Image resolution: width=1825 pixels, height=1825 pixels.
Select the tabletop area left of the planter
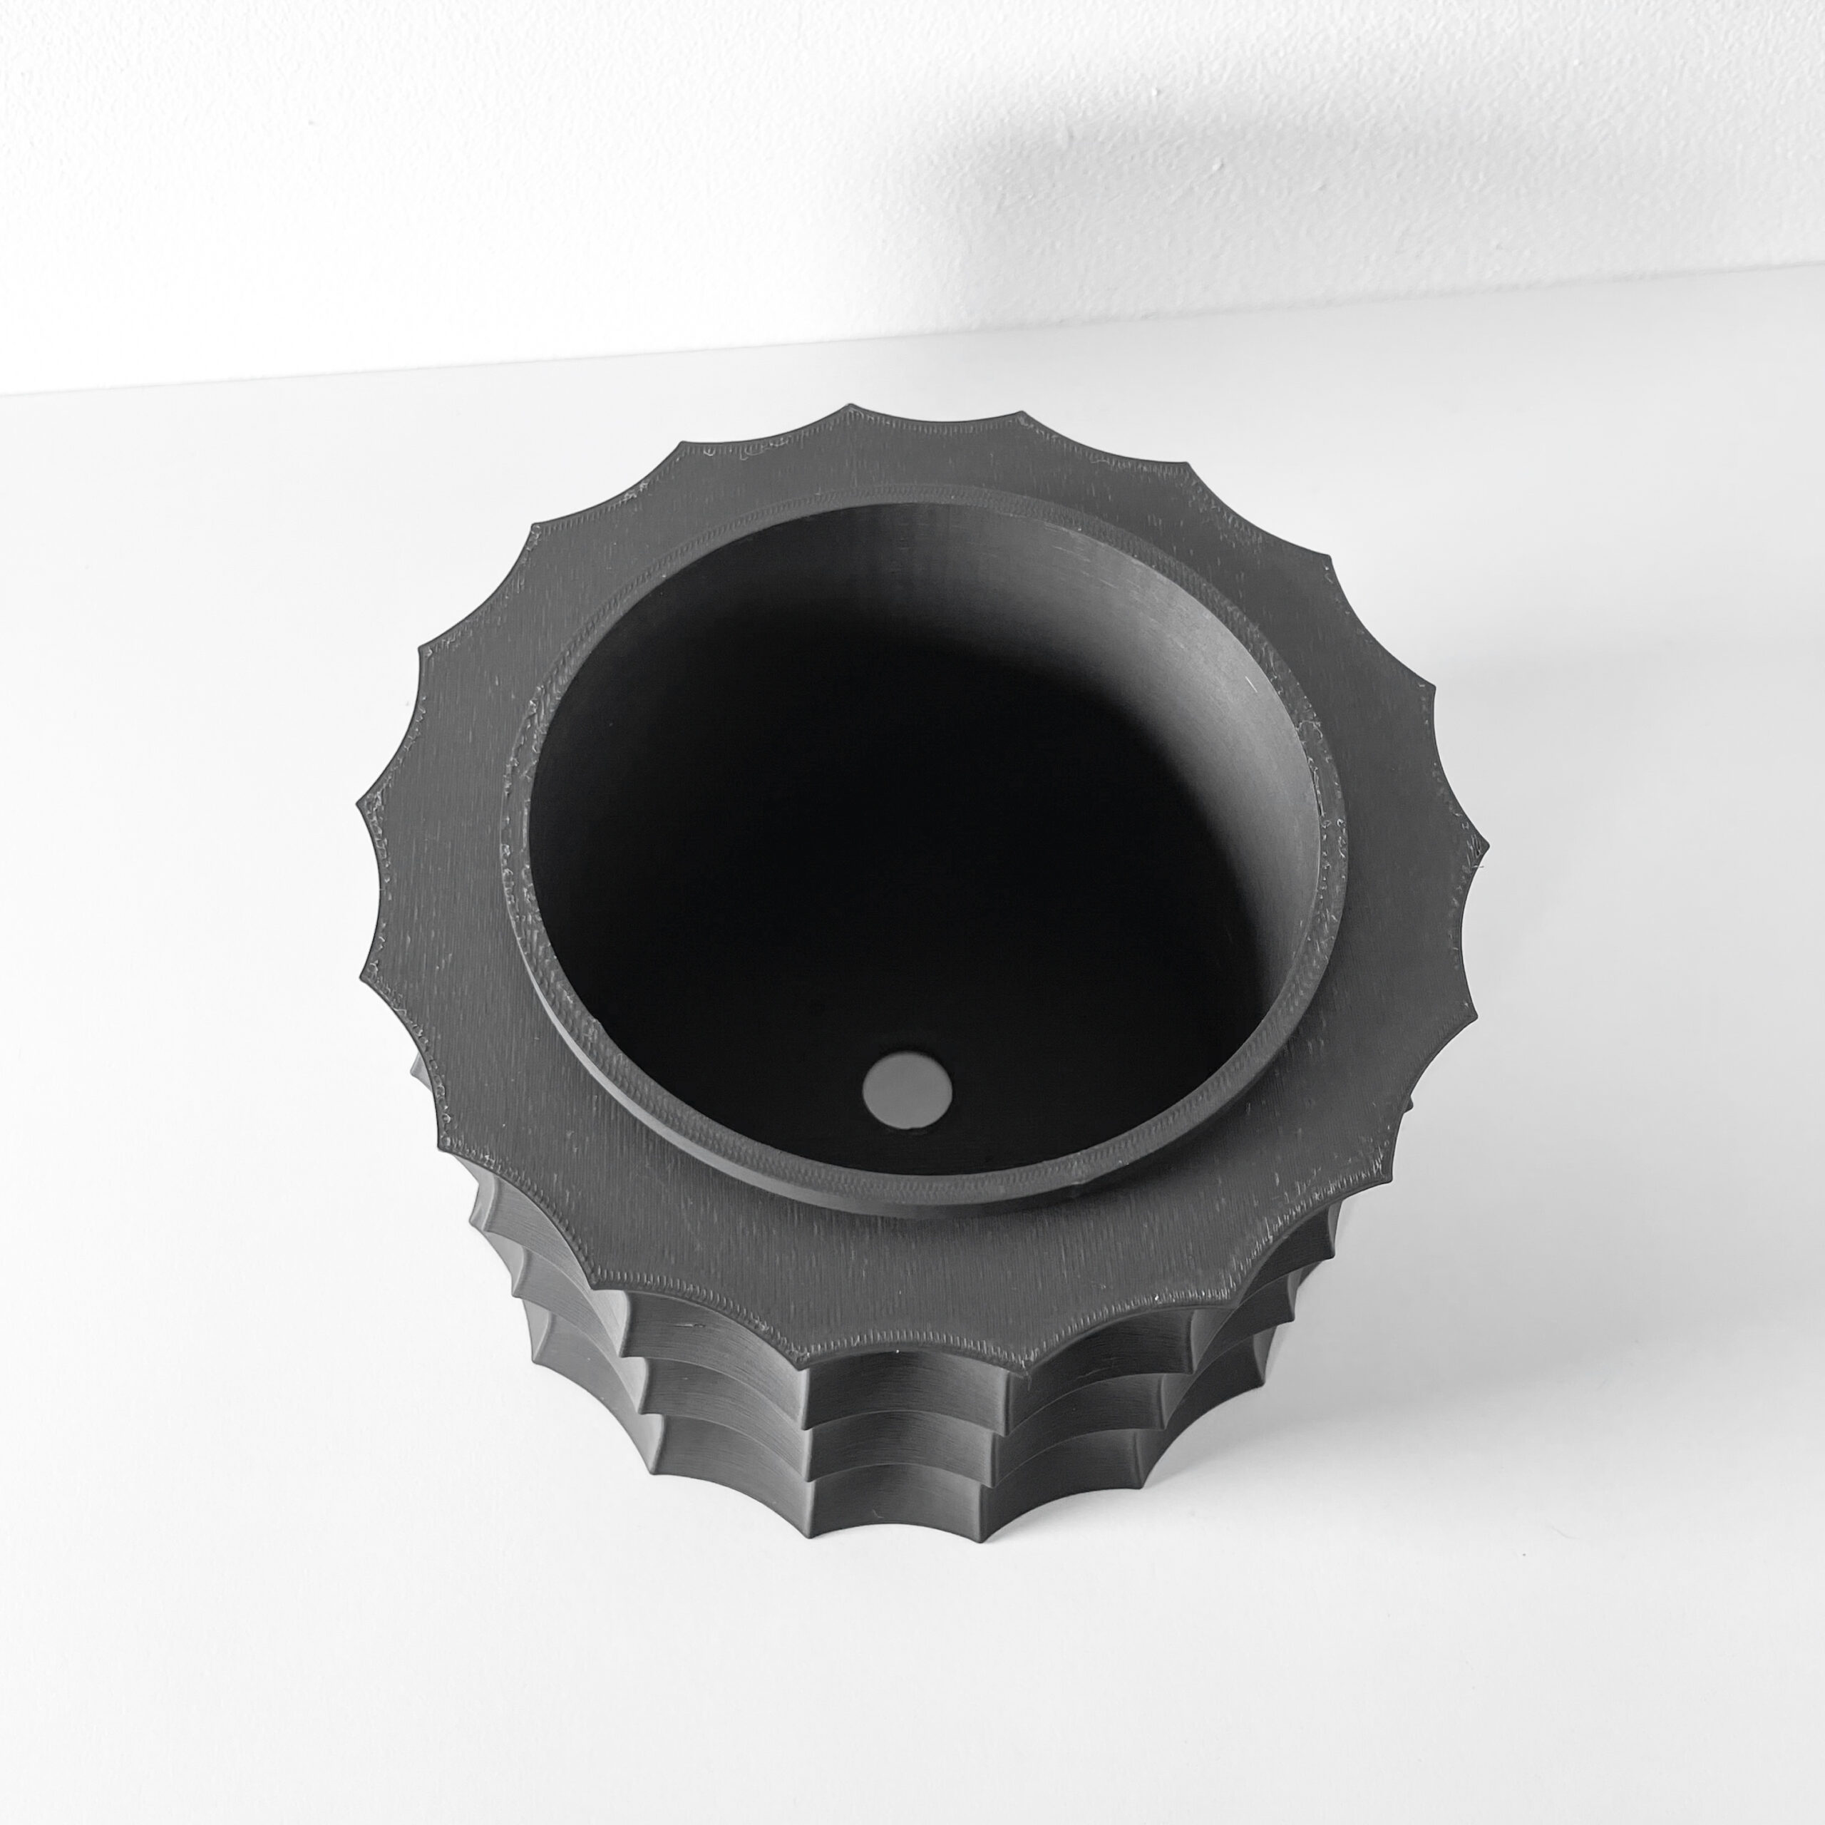(189, 945)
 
